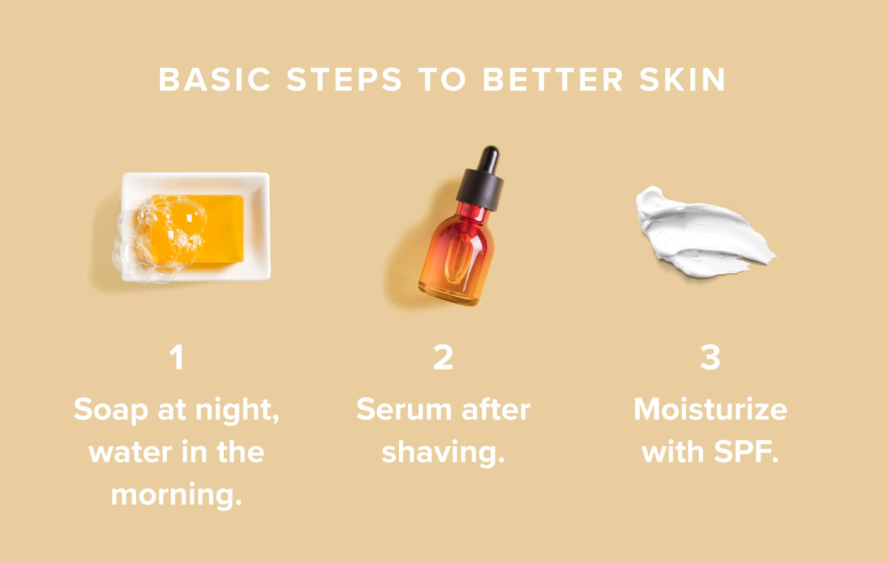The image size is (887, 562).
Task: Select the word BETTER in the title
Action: coord(552,80)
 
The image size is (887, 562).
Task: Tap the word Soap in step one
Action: coord(110,410)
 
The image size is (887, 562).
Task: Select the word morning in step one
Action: coord(176,495)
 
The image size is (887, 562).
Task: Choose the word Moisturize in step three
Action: coord(710,410)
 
